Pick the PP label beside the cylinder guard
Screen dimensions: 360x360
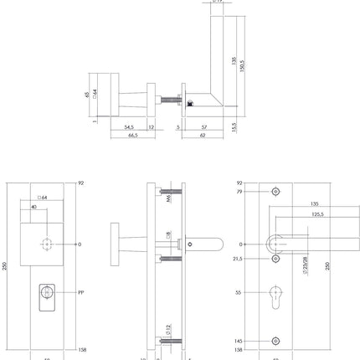click(81, 293)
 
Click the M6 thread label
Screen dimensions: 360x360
click(167, 199)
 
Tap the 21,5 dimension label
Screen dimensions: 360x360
click(239, 259)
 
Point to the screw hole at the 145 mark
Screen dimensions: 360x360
click(276, 341)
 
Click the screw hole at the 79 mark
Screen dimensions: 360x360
click(276, 193)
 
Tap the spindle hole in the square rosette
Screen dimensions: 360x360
click(47, 244)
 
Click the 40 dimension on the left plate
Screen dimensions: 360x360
click(33, 206)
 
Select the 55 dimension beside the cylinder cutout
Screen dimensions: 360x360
click(239, 294)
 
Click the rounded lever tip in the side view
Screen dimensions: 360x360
click(218, 244)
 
